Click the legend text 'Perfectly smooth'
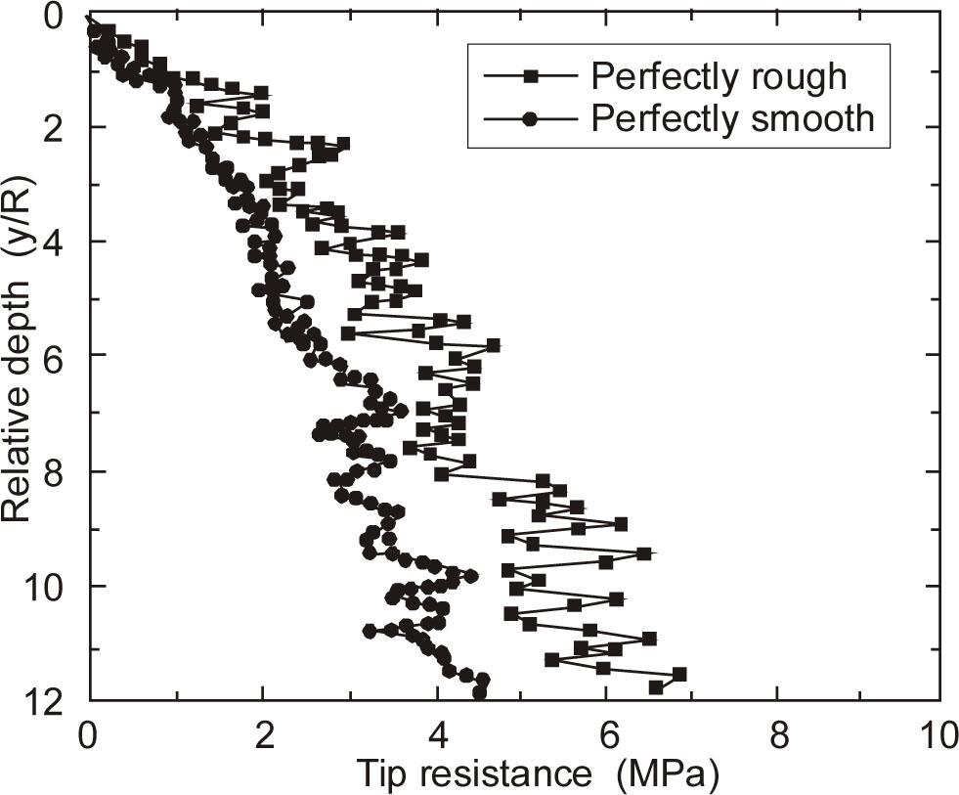click(732, 118)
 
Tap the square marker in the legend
click(530, 75)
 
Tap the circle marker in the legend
click(530, 118)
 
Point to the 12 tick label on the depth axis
click(46, 700)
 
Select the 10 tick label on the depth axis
click(46, 587)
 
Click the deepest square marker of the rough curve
click(656, 687)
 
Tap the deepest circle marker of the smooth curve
click(479, 693)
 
